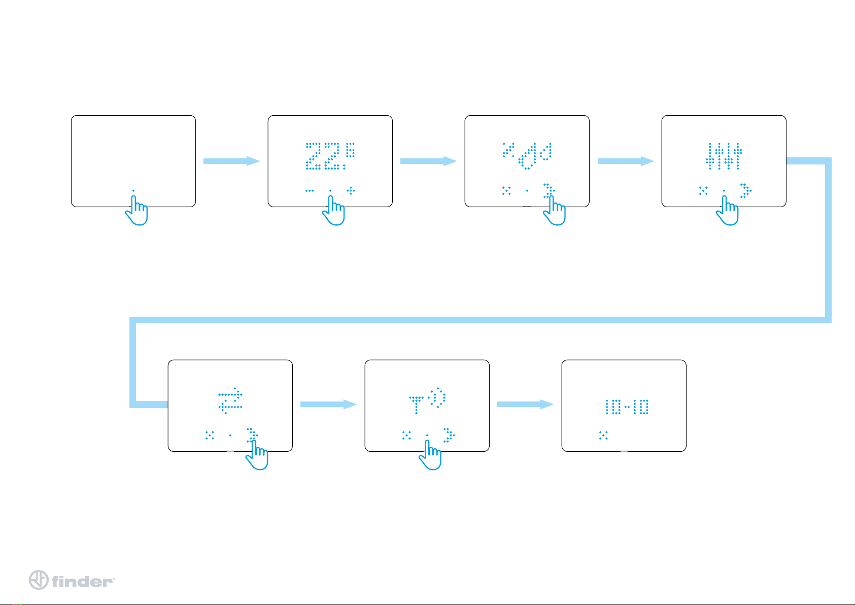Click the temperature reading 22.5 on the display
click(x=330, y=156)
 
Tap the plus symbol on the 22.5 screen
click(x=351, y=190)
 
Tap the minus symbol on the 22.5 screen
click(x=310, y=190)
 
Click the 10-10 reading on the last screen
click(x=627, y=407)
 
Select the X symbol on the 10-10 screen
click(x=603, y=435)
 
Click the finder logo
click(x=72, y=580)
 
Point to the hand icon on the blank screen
click(x=136, y=210)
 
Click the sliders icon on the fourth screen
click(x=724, y=156)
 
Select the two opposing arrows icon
click(x=230, y=400)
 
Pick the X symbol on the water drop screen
click(x=506, y=190)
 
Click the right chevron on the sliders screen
click(x=746, y=190)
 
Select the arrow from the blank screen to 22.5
click(x=232, y=161)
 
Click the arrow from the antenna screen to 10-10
click(x=525, y=404)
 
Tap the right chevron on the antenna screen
click(x=449, y=435)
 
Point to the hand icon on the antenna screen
click(x=430, y=455)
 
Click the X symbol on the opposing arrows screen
click(x=210, y=435)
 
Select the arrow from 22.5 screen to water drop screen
click(x=429, y=161)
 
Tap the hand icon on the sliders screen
click(x=727, y=210)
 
